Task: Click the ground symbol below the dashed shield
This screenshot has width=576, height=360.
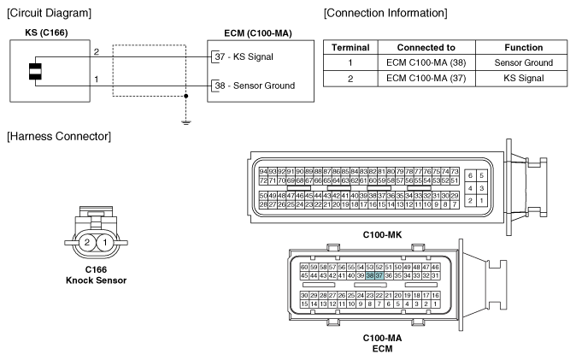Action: [186, 122]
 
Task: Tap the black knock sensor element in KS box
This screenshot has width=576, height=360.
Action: [35, 71]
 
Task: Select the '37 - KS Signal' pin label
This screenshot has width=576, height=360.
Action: [244, 56]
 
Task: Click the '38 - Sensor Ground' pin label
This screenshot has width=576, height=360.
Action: [255, 86]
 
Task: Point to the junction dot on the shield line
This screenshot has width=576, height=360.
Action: [186, 96]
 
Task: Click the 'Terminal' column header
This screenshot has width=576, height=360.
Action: [350, 47]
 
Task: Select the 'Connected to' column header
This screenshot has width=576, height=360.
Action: [426, 47]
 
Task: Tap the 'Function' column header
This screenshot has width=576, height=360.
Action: [524, 47]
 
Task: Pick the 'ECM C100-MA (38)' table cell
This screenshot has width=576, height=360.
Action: [426, 62]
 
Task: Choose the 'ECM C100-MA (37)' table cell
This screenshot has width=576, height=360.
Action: [426, 78]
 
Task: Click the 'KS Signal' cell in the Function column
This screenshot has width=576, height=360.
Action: [524, 78]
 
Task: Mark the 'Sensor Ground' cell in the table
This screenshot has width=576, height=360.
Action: [524, 62]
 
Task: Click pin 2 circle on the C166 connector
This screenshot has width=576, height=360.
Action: [87, 242]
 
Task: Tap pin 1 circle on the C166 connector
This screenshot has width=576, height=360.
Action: [105, 242]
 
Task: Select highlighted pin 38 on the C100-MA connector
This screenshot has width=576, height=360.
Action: [370, 275]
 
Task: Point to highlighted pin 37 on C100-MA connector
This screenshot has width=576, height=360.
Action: [379, 275]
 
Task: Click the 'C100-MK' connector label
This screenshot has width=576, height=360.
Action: [382, 234]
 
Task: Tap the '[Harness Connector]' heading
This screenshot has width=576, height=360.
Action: [59, 137]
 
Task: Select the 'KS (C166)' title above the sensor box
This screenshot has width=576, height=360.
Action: [46, 32]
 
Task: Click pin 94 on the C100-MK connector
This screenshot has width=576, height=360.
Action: [263, 172]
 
